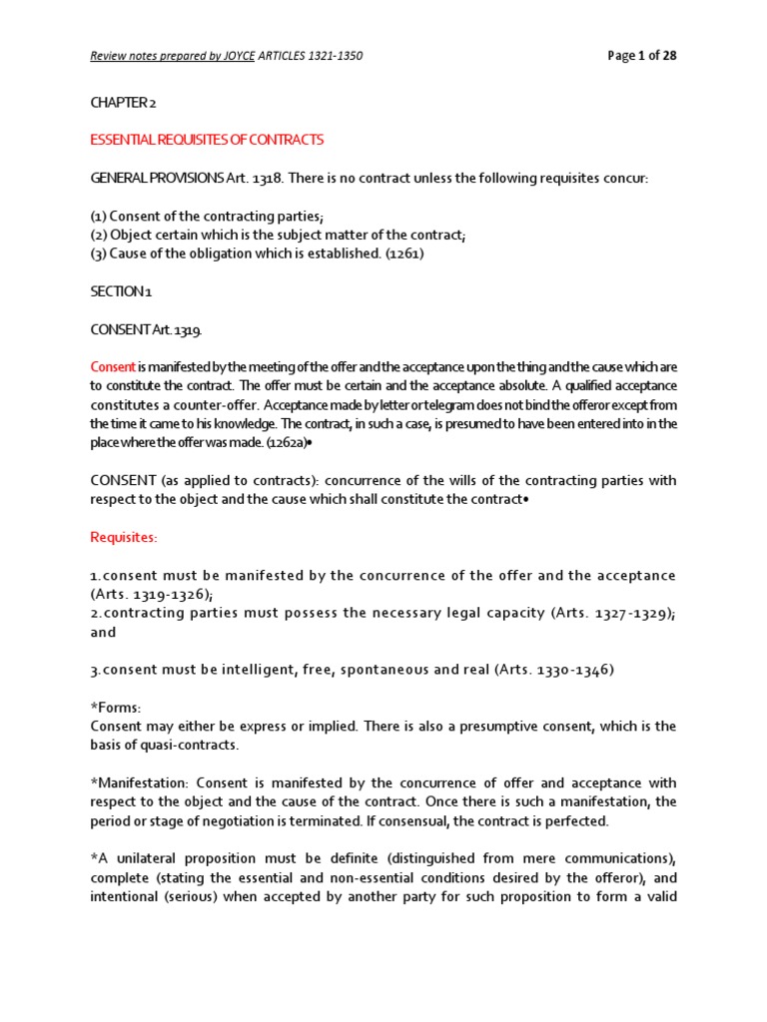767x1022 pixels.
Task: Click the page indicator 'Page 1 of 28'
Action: click(x=642, y=56)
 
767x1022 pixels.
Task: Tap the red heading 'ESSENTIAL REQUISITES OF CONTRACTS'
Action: click(x=207, y=140)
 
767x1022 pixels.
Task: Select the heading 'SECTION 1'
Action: click(x=119, y=291)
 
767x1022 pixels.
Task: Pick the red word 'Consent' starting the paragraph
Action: click(x=112, y=366)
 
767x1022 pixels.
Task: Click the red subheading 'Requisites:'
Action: click(x=124, y=537)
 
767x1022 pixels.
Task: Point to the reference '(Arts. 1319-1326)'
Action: click(x=148, y=594)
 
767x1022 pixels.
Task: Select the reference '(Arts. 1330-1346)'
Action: click(x=553, y=670)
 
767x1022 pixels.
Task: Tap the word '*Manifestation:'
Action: click(x=148, y=782)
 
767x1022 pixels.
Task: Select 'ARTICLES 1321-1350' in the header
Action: click(x=311, y=56)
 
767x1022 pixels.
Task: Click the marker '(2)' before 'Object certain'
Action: click(x=98, y=235)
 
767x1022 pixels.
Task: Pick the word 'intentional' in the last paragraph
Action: click(x=127, y=895)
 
